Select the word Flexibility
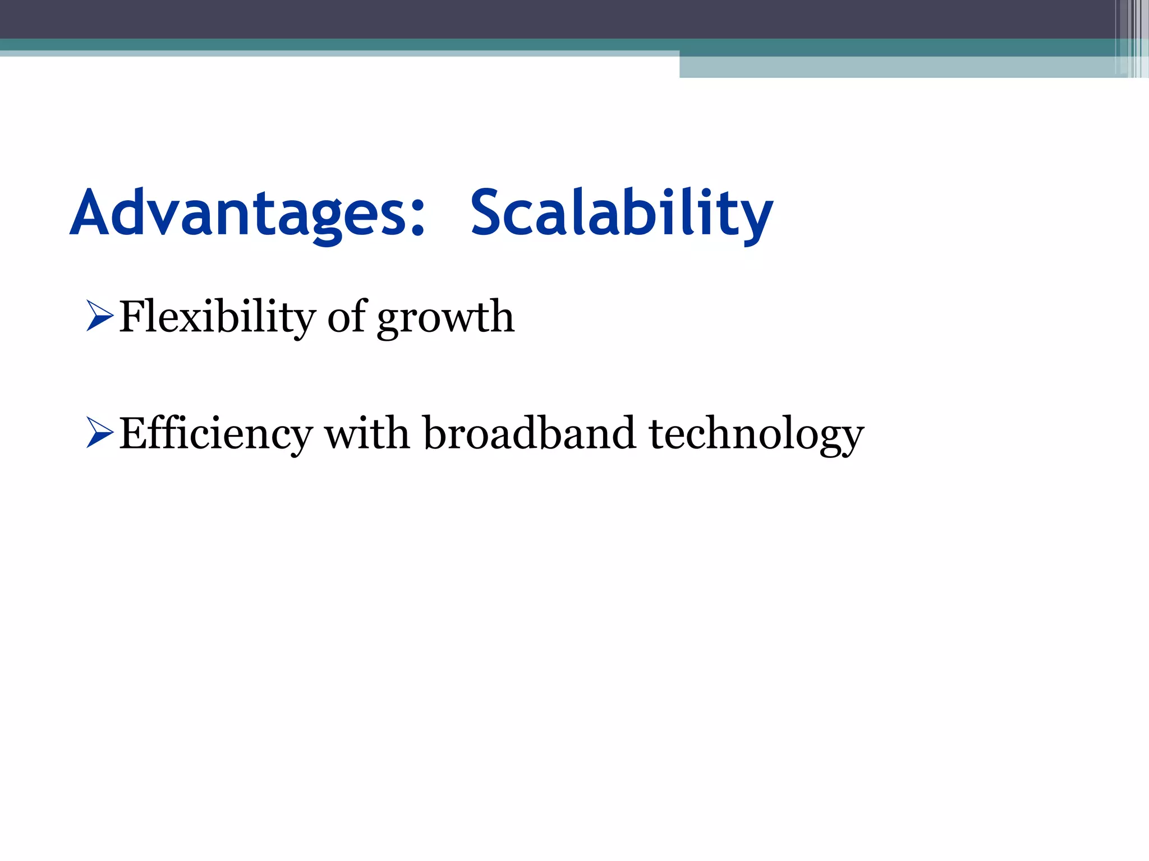coord(218,317)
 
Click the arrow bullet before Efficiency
coord(100,432)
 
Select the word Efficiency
coord(215,433)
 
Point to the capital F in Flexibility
coord(134,317)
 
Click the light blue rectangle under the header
coord(898,67)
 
